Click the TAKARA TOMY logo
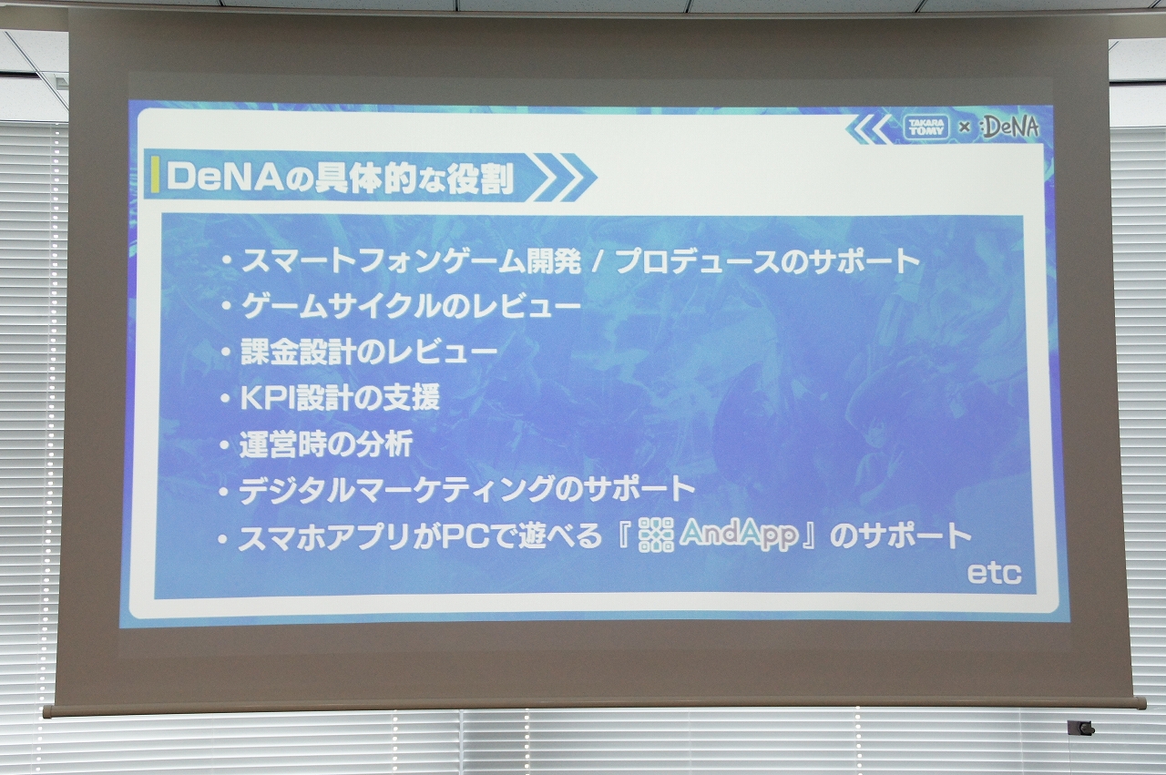click(927, 128)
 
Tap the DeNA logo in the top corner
click(1010, 127)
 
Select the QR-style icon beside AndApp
click(656, 535)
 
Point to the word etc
click(994, 574)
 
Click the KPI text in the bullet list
click(267, 398)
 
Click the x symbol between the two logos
click(965, 127)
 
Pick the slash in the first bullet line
click(597, 262)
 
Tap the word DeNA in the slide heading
click(231, 178)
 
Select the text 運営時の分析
click(326, 444)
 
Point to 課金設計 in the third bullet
click(299, 352)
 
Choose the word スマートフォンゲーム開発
click(411, 261)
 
